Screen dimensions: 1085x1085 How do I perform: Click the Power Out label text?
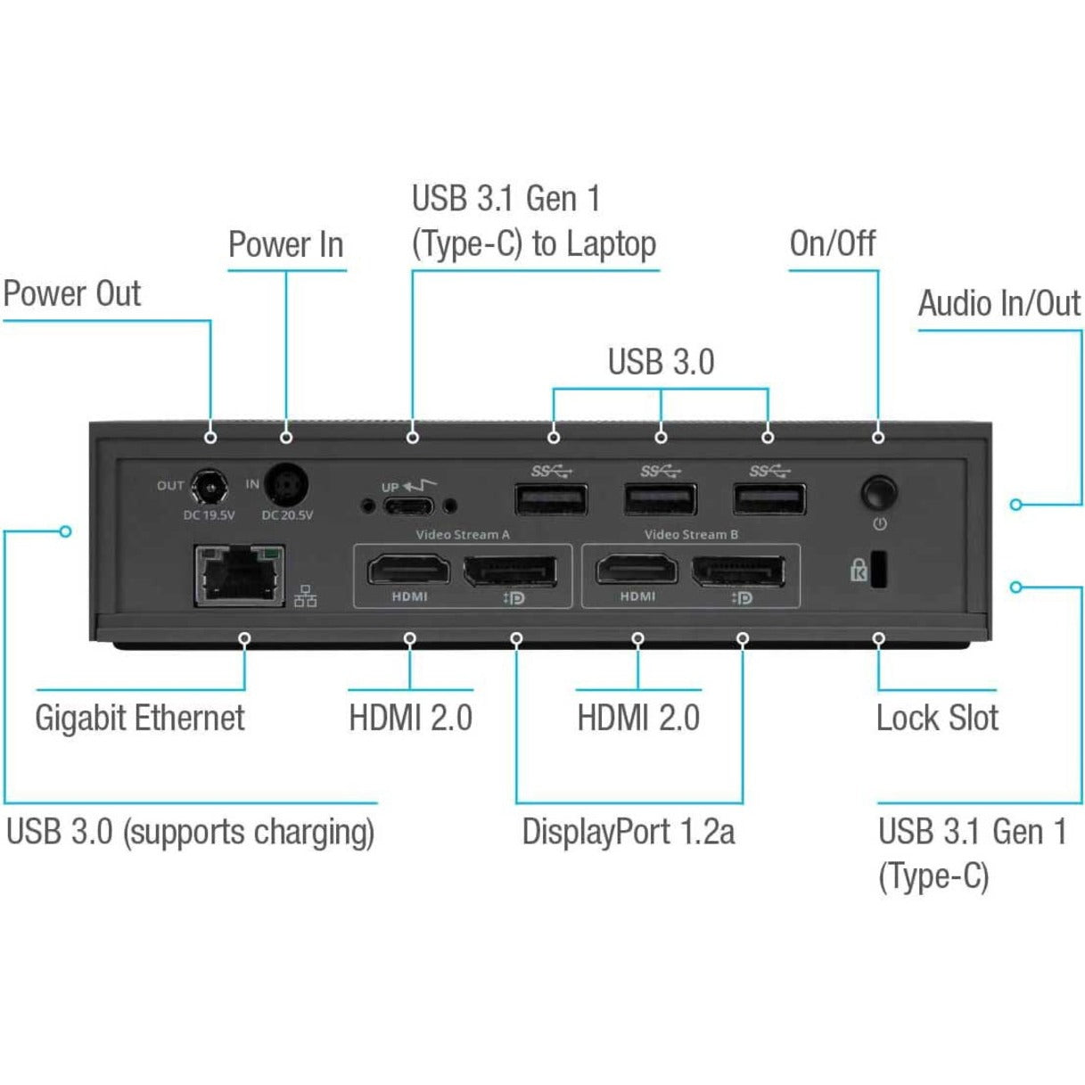pyautogui.click(x=72, y=293)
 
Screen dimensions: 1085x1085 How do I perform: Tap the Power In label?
pyautogui.click(x=285, y=244)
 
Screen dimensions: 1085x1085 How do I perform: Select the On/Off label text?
pyautogui.click(x=833, y=243)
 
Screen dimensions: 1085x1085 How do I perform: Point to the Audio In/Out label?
pyautogui.click(x=999, y=304)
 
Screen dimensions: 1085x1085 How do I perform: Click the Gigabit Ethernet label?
pyautogui.click(x=139, y=718)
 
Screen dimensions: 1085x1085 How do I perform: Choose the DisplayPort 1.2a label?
pyautogui.click(x=629, y=832)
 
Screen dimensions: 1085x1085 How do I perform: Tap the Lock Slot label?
pyautogui.click(x=937, y=718)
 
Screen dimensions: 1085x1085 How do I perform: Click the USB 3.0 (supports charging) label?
pyautogui.click(x=190, y=832)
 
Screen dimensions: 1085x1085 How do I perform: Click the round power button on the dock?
pyautogui.click(x=879, y=492)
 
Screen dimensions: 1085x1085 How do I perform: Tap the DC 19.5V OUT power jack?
pyautogui.click(x=211, y=488)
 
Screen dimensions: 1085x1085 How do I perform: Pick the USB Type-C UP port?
pyautogui.click(x=410, y=506)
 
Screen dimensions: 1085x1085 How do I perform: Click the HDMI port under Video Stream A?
pyautogui.click(x=409, y=571)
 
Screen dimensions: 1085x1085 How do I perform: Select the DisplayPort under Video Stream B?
pyautogui.click(x=739, y=571)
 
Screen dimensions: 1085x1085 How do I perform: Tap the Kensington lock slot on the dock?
pyautogui.click(x=878, y=571)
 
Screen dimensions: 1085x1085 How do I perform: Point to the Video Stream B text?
pyautogui.click(x=691, y=535)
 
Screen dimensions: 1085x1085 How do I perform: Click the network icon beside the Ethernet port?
pyautogui.click(x=306, y=596)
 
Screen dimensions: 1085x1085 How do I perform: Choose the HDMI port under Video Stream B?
pyautogui.click(x=637, y=571)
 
